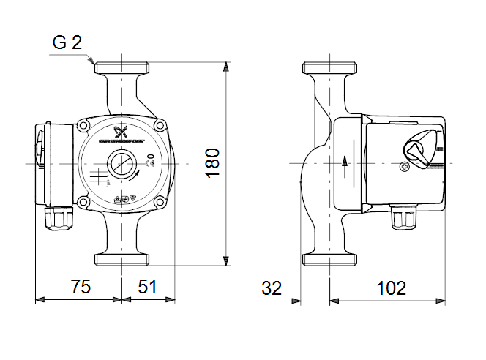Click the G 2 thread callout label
click(67, 42)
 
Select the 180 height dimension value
click(212, 162)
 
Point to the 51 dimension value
click(148, 288)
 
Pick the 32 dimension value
click(272, 288)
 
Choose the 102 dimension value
click(392, 288)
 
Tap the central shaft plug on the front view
click(121, 164)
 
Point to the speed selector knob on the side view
click(419, 149)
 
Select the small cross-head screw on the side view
click(405, 168)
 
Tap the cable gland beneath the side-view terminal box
click(400, 217)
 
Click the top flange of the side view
click(330, 67)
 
